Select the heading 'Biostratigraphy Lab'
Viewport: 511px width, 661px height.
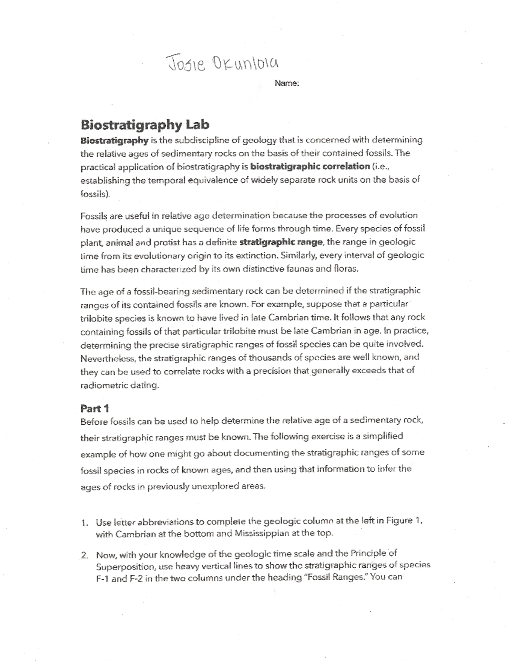click(x=145, y=125)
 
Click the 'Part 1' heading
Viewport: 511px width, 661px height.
click(x=95, y=409)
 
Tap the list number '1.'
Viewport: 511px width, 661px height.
click(x=86, y=522)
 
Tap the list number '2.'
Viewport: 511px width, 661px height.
click(x=85, y=555)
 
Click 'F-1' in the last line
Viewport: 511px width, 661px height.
click(x=102, y=579)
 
